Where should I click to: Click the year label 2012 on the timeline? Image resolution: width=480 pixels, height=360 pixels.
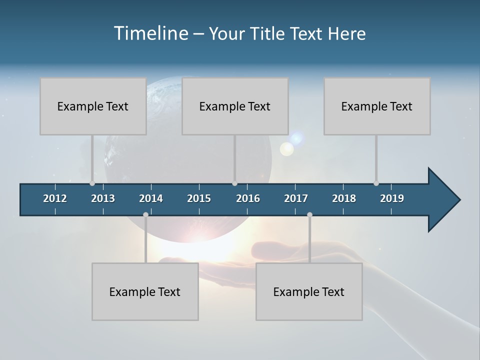pyautogui.click(x=55, y=198)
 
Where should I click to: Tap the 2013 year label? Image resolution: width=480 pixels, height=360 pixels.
pyautogui.click(x=103, y=198)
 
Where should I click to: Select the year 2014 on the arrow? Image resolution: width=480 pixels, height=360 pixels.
pyautogui.click(x=151, y=198)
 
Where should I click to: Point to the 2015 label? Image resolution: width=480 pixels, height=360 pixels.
pyautogui.click(x=199, y=198)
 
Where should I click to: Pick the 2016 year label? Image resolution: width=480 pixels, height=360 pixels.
pyautogui.click(x=248, y=198)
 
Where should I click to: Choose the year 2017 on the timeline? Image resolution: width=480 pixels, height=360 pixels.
pyautogui.click(x=296, y=198)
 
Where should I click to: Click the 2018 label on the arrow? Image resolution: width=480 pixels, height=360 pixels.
pyautogui.click(x=344, y=198)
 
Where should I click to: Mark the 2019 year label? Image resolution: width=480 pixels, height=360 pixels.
pyautogui.click(x=392, y=198)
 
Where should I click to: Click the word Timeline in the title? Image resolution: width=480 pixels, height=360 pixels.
pyautogui.click(x=149, y=33)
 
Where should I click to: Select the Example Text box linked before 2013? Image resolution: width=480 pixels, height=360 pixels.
pyautogui.click(x=93, y=106)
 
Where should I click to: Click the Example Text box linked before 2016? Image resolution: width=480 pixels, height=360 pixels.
pyautogui.click(x=235, y=106)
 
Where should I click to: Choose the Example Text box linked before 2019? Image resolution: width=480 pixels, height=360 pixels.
pyautogui.click(x=377, y=106)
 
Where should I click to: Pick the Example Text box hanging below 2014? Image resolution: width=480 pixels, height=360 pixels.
pyautogui.click(x=145, y=291)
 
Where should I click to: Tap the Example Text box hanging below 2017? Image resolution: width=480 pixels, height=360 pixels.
pyautogui.click(x=309, y=291)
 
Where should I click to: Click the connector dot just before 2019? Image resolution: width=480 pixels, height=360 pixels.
pyautogui.click(x=376, y=183)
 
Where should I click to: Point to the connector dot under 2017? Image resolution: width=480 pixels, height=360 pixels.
pyautogui.click(x=309, y=214)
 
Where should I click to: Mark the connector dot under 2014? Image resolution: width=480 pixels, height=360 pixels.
pyautogui.click(x=145, y=214)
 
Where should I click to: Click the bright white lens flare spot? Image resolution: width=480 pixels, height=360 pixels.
pyautogui.click(x=286, y=148)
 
